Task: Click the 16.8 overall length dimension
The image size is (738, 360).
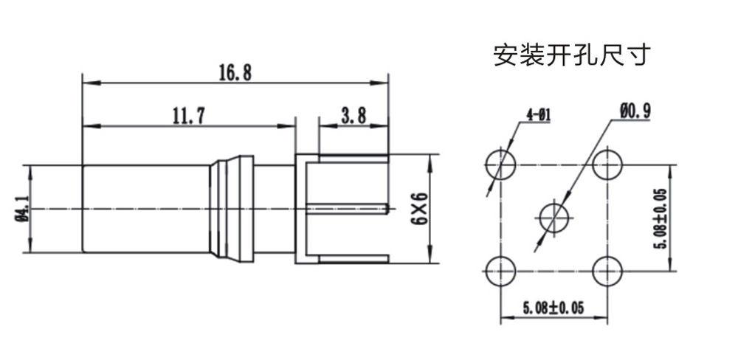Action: pos(235,73)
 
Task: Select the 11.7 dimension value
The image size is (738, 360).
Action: pos(189,116)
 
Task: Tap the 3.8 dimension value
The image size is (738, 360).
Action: pos(354,116)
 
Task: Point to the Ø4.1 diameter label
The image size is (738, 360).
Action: pos(24,209)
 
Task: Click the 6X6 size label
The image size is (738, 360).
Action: pos(420,209)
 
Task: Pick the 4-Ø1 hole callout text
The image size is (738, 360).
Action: pos(539,114)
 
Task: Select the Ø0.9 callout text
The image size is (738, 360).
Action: pos(635,111)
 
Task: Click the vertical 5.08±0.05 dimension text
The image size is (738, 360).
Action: pos(662,218)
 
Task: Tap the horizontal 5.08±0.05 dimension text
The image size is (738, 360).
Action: pos(553,308)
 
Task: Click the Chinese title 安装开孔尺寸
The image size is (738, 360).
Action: pos(573,55)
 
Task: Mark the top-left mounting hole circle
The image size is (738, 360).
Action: pos(500,165)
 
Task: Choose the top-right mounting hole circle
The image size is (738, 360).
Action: pos(607,165)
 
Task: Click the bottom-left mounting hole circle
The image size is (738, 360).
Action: pos(500,271)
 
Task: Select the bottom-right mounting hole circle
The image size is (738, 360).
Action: pos(607,271)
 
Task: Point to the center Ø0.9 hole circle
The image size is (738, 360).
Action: pos(554,218)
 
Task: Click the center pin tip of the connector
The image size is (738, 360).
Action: pos(387,209)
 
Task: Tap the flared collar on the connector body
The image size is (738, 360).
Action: pos(232,209)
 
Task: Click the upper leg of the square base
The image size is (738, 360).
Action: pos(354,159)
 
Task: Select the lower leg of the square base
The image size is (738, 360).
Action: pos(354,259)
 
